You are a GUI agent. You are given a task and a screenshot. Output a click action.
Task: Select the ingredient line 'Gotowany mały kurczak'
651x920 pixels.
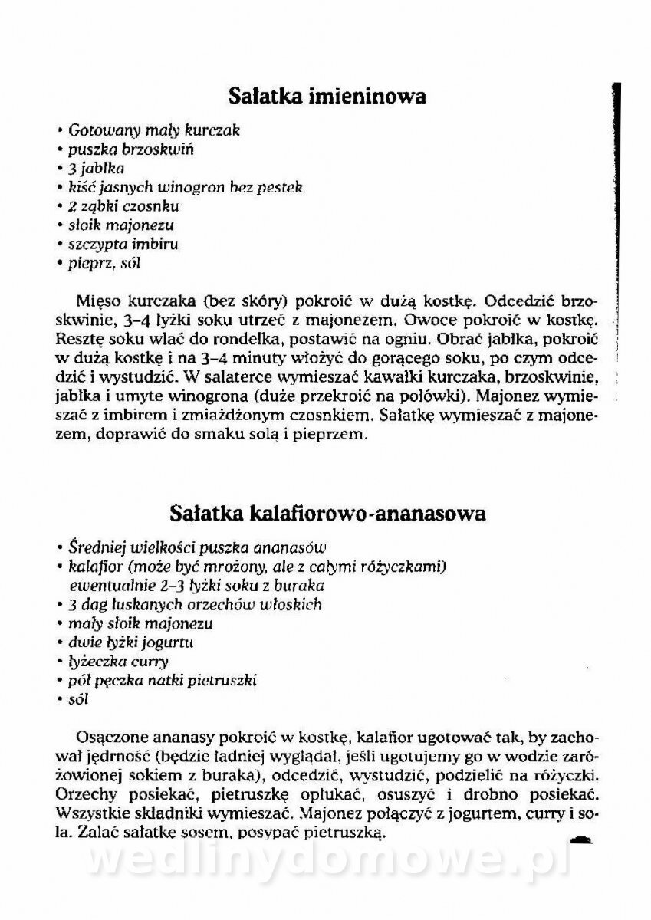(x=153, y=130)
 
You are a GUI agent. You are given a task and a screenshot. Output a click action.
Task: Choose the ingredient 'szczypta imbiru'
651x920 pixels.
(x=123, y=245)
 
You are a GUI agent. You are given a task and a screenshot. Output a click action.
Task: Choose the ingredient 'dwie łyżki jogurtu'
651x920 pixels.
(x=130, y=642)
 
